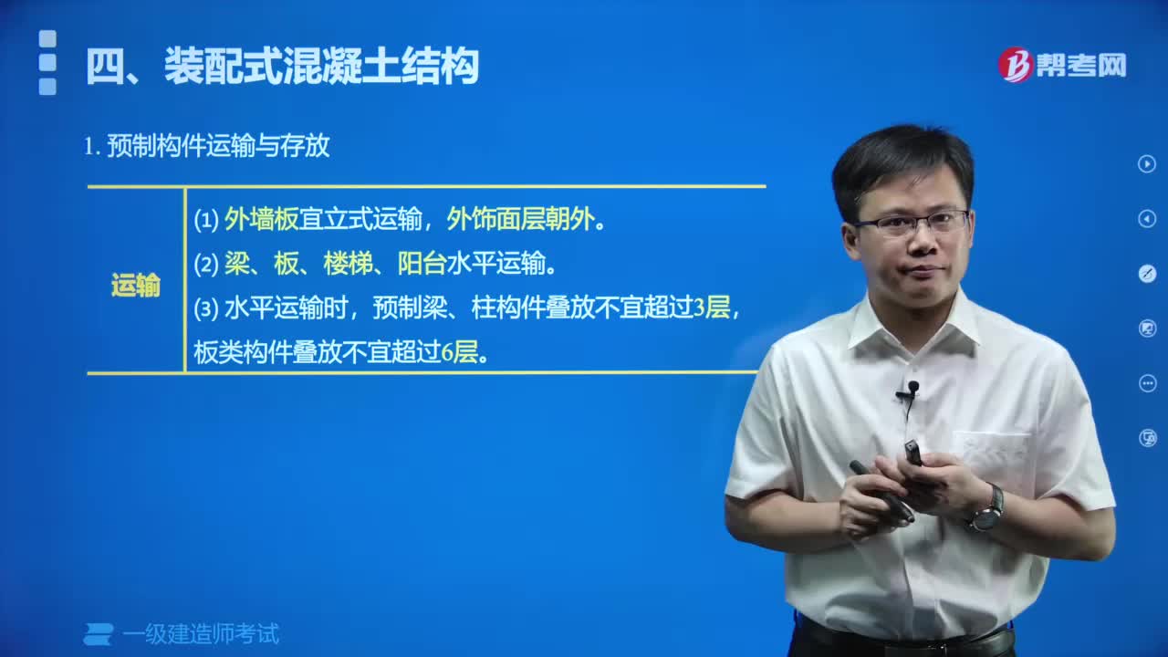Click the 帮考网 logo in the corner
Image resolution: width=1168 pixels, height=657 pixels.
click(1062, 65)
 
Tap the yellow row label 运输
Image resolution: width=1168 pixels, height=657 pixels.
click(135, 286)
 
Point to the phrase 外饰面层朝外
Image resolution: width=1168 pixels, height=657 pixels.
click(520, 219)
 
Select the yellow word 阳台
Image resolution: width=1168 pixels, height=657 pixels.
click(422, 264)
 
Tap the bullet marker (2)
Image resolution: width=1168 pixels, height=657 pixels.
click(206, 264)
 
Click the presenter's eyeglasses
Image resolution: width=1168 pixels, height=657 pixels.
click(910, 223)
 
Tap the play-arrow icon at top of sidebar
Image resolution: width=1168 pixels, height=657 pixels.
click(1147, 164)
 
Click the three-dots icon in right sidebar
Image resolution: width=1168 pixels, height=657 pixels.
click(1147, 383)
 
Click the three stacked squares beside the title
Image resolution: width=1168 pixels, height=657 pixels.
click(47, 63)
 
